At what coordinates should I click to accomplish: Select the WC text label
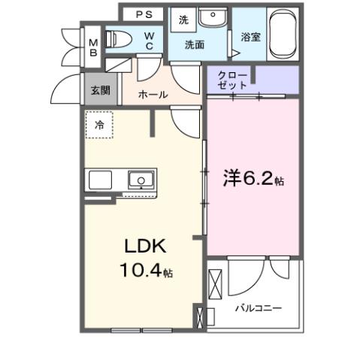pyautogui.click(x=150, y=41)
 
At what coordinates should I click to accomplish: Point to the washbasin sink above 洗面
pyautogui.click(x=214, y=17)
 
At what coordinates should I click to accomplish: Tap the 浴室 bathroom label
pyautogui.click(x=251, y=36)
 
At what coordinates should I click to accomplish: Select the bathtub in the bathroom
pyautogui.click(x=283, y=34)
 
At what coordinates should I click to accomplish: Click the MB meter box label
pyautogui.click(x=94, y=47)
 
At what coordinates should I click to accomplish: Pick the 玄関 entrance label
pyautogui.click(x=100, y=89)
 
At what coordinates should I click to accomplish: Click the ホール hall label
pyautogui.click(x=154, y=95)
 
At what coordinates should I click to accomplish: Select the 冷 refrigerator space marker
pyautogui.click(x=99, y=126)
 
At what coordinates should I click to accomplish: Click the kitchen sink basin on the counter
pyautogui.click(x=140, y=180)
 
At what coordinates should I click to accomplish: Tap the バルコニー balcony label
pyautogui.click(x=258, y=308)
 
